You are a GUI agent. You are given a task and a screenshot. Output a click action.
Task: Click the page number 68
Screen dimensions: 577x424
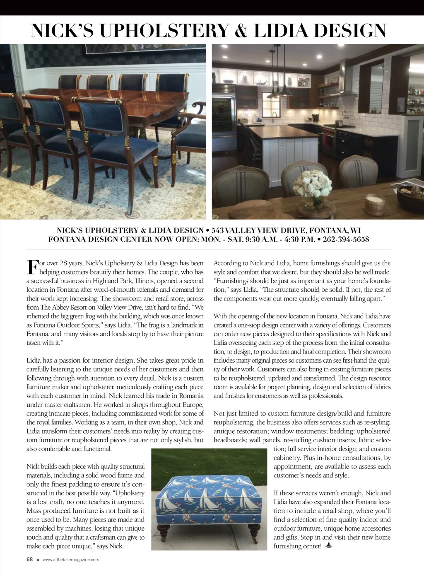[29, 559]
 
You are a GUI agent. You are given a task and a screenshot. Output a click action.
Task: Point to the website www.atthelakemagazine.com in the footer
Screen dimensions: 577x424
[71, 560]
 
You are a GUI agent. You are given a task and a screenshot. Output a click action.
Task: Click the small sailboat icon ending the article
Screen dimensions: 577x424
[329, 545]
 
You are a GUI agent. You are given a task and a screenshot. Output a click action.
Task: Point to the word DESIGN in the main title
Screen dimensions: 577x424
[350, 31]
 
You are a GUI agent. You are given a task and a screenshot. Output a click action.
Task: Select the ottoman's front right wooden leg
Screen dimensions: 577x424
[252, 533]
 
